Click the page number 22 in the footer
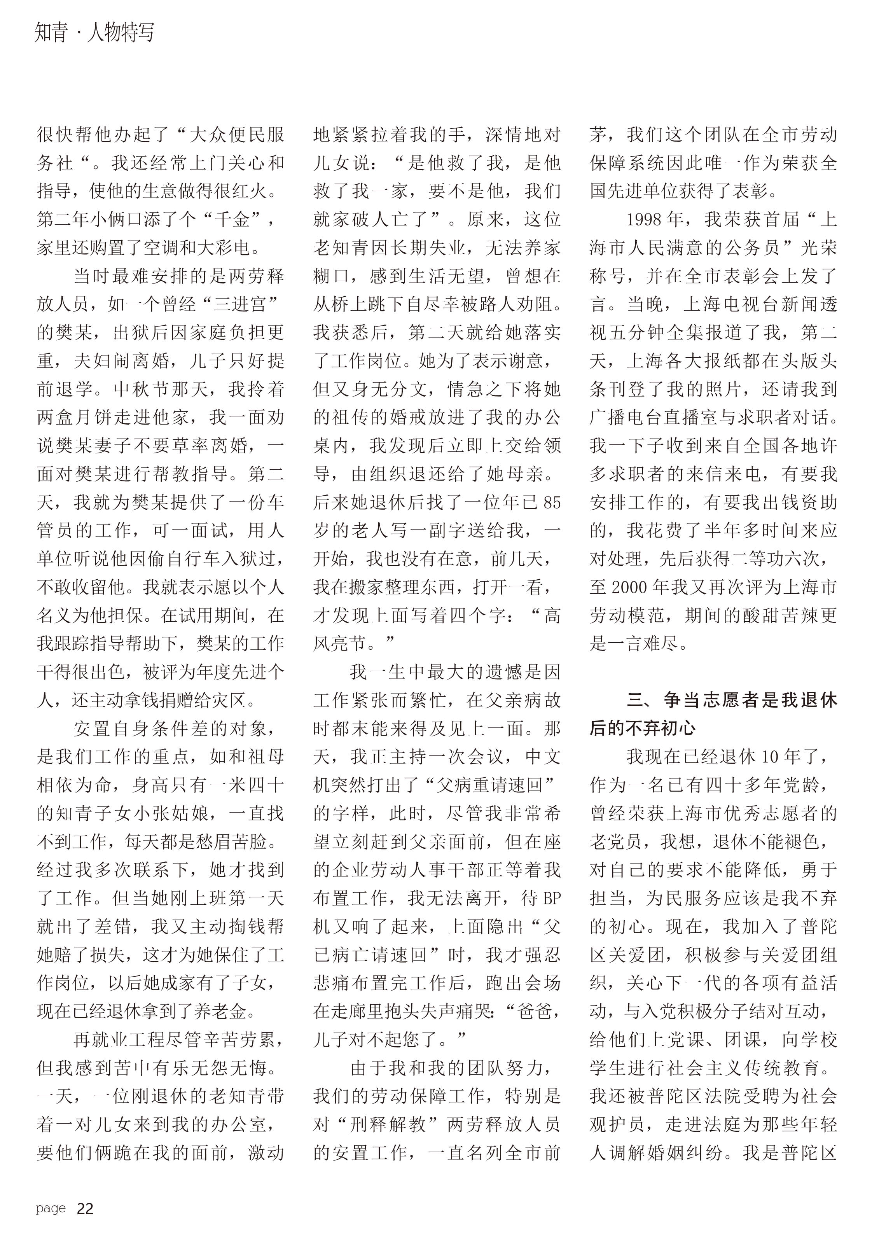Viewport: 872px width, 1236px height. tap(85, 1208)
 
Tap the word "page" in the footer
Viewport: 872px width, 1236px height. tap(51, 1208)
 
